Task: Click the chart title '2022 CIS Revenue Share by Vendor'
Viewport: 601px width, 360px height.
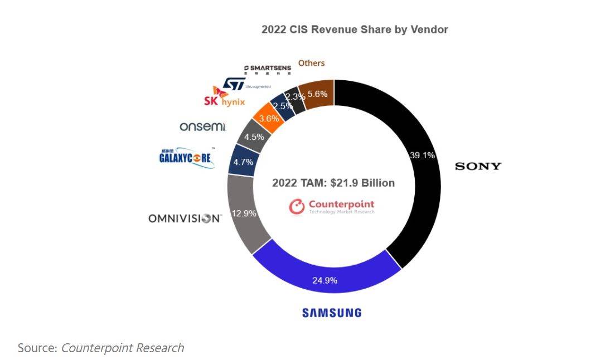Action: (355, 30)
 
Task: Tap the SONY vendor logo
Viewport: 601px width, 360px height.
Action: (478, 166)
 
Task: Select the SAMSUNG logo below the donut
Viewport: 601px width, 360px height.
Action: (332, 313)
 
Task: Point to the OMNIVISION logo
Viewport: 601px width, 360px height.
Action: (185, 218)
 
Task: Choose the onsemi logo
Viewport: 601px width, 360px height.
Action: (202, 127)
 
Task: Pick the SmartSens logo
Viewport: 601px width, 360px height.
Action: (267, 69)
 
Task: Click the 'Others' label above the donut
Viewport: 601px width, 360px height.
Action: (311, 63)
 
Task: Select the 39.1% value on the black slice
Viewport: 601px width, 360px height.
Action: (422, 155)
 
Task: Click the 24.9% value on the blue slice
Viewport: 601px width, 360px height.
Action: (325, 280)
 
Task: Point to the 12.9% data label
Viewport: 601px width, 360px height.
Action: (244, 213)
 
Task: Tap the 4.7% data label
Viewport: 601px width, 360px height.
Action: (243, 162)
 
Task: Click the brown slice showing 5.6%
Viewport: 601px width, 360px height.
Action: (317, 94)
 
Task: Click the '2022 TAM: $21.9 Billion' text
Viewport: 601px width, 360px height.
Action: (333, 183)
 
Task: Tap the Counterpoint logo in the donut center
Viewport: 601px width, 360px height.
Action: (332, 207)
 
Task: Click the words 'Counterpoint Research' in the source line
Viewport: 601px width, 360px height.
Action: (122, 348)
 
